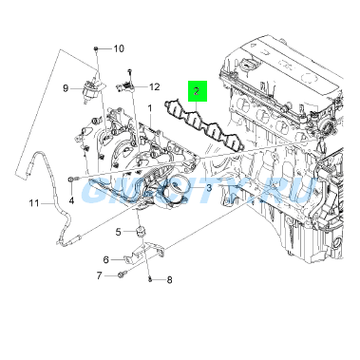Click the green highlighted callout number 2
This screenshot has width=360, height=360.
(196, 92)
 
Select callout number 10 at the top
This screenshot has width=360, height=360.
(119, 48)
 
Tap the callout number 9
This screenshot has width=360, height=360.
(66, 88)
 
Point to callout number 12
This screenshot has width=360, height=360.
(155, 86)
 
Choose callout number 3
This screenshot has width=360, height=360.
(209, 189)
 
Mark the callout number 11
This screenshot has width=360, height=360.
(33, 202)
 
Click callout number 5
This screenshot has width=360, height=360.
(120, 232)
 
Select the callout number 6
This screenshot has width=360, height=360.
(106, 258)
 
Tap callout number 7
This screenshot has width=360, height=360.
(98, 275)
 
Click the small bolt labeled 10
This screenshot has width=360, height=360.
(96, 47)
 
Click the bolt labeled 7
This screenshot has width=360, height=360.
(121, 275)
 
